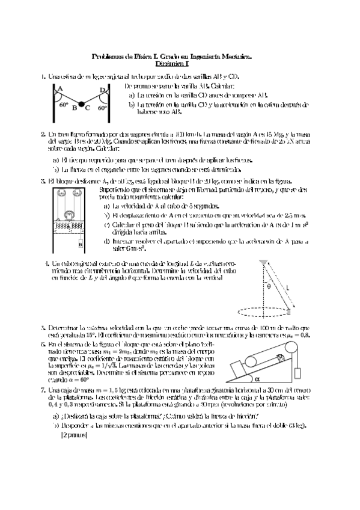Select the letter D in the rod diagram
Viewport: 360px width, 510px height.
pos(102,90)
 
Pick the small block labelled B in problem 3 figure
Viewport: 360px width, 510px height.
pos(80,245)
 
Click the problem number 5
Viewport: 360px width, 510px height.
pos(43,328)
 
